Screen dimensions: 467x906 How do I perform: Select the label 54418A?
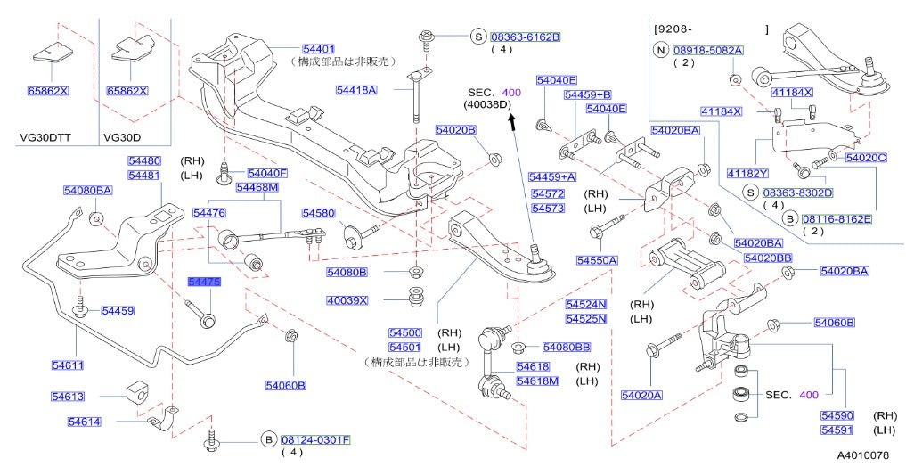(356, 90)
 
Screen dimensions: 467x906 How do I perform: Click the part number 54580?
(317, 213)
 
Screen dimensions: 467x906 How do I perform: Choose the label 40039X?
(347, 300)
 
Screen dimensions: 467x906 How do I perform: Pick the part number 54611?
(67, 365)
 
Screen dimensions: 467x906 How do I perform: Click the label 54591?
(837, 430)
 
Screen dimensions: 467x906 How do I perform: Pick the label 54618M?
(538, 381)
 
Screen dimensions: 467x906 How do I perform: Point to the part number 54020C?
(866, 158)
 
